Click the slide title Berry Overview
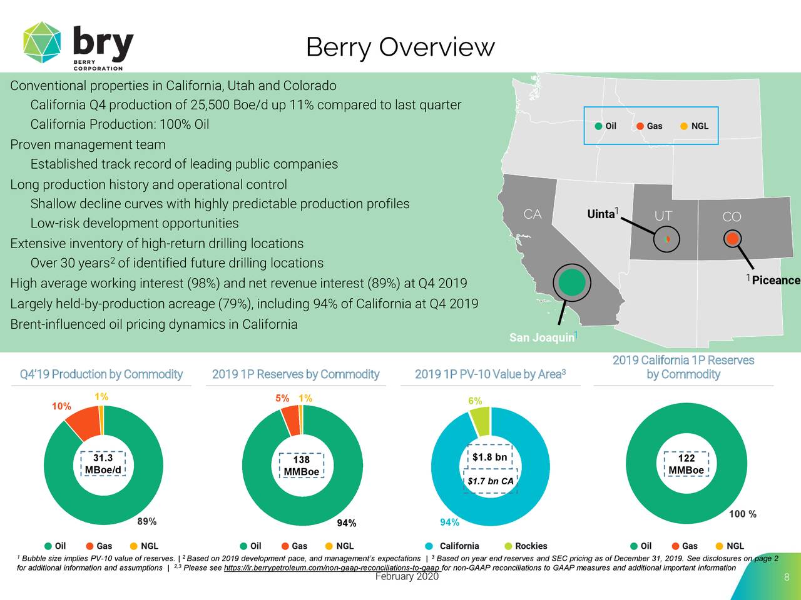tap(400, 47)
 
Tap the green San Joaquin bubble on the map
tap(572, 282)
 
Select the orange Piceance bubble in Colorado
tap(732, 238)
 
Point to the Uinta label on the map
tap(601, 214)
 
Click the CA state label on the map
tap(532, 215)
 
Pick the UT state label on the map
tap(663, 216)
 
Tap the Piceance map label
tap(775, 280)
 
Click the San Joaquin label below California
tap(541, 337)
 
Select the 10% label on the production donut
tap(61, 406)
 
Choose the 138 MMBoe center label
tap(301, 466)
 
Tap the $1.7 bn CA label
tap(491, 481)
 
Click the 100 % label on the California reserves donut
tap(742, 514)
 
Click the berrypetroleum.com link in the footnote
tap(332, 567)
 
